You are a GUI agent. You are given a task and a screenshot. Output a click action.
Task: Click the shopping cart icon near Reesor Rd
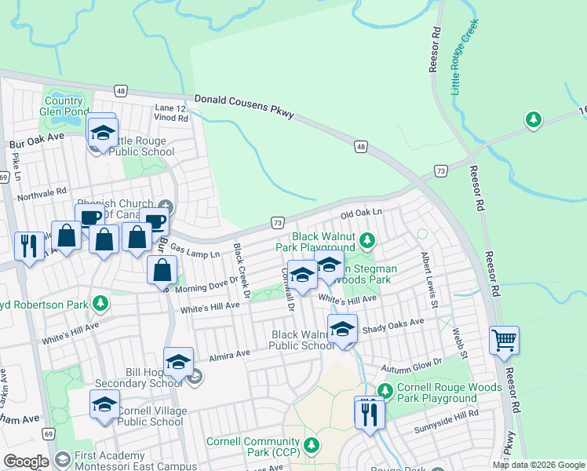(x=504, y=341)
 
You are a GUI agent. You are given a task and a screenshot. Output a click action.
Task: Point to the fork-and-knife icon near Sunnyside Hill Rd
(x=370, y=413)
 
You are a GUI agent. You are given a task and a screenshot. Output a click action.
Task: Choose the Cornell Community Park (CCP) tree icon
(x=312, y=446)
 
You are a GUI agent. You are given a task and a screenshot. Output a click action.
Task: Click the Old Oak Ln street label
(x=361, y=214)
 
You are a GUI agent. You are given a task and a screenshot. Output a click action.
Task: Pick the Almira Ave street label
(x=229, y=354)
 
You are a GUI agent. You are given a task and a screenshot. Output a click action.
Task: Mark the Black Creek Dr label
(x=240, y=272)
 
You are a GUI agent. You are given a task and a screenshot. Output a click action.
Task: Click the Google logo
(x=26, y=462)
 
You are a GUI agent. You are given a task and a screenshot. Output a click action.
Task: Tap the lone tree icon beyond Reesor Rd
(x=534, y=120)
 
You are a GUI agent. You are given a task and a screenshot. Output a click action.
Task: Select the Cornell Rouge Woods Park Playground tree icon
(x=385, y=390)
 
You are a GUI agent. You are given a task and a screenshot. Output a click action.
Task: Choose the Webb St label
(x=460, y=340)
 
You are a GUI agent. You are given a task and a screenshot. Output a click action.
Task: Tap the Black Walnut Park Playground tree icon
(x=366, y=239)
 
